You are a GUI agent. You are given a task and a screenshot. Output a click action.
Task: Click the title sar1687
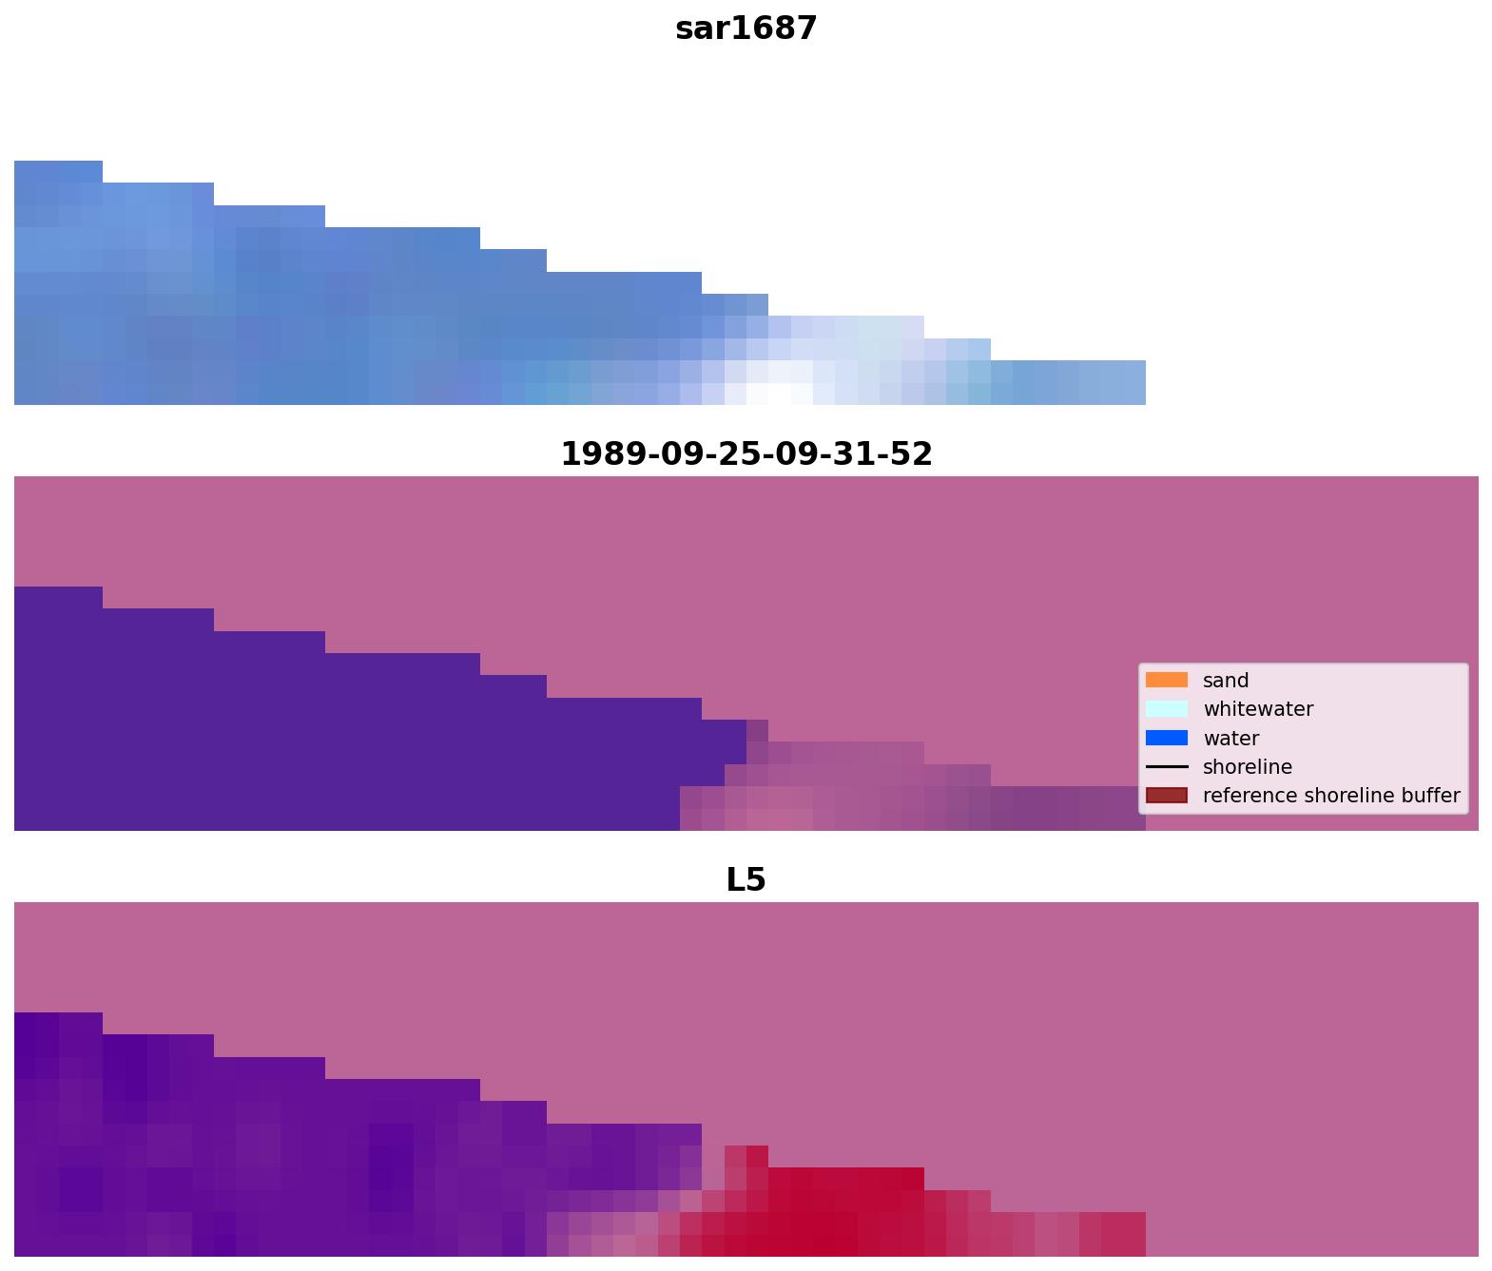pyautogui.click(x=746, y=29)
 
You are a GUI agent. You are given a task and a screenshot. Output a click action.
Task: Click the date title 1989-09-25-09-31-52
pyautogui.click(x=746, y=453)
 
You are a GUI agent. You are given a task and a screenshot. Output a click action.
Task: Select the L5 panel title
pyautogui.click(x=746, y=879)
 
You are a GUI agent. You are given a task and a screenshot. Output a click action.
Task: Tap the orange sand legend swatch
pyautogui.click(x=1166, y=680)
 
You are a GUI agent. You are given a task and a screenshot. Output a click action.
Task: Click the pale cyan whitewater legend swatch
pyautogui.click(x=1166, y=708)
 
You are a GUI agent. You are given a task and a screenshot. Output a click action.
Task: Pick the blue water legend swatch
pyautogui.click(x=1166, y=738)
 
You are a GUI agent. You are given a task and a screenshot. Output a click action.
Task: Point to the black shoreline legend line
pyautogui.click(x=1166, y=766)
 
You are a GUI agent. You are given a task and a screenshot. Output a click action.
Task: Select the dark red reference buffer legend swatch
pyautogui.click(x=1166, y=795)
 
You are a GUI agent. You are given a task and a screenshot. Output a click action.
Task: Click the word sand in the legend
pyautogui.click(x=1225, y=681)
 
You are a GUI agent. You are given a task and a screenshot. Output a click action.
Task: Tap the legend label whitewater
pyautogui.click(x=1257, y=709)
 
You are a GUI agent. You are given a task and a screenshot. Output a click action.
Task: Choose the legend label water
pyautogui.click(x=1230, y=739)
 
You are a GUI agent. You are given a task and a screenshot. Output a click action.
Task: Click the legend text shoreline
pyautogui.click(x=1247, y=767)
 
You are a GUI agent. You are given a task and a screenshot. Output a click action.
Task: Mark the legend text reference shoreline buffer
pyautogui.click(x=1330, y=796)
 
